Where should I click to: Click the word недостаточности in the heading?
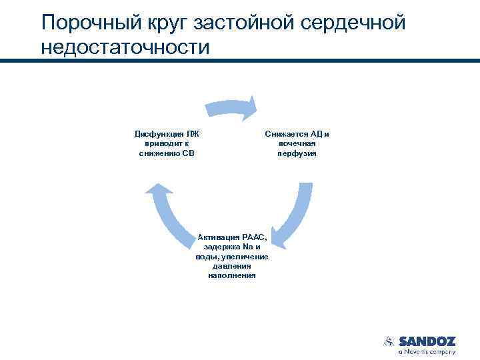coord(125,48)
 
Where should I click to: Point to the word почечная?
coord(297,143)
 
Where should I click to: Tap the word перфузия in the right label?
coord(297,153)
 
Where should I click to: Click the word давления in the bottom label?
coord(231,266)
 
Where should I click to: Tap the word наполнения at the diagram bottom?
coord(231,275)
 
